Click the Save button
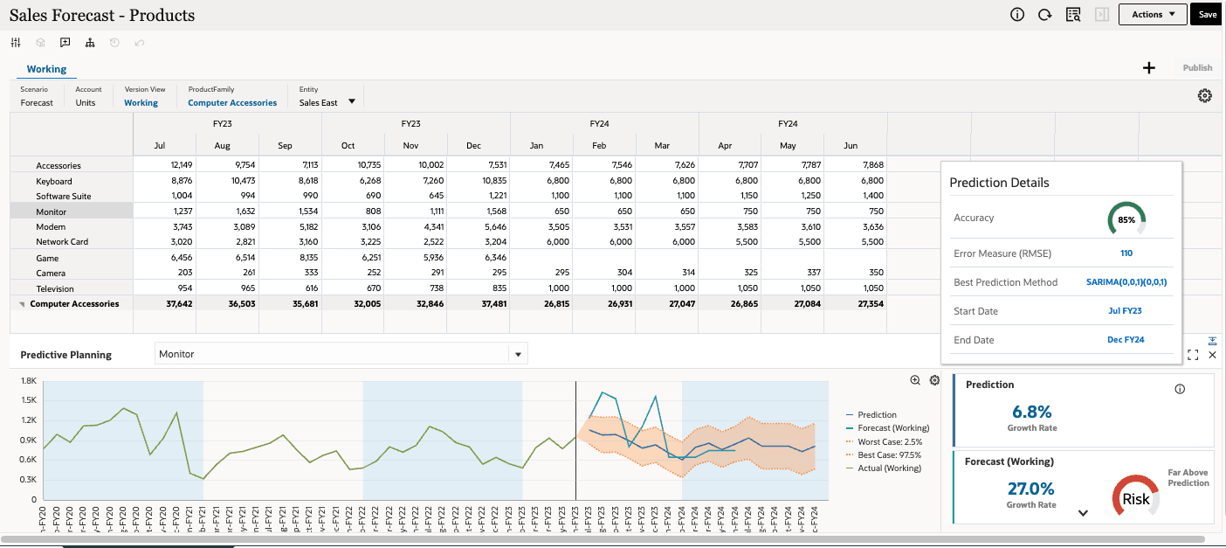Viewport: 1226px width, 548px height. (x=1207, y=15)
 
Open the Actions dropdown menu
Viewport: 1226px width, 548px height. (x=1153, y=15)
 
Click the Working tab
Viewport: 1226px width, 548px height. (x=46, y=69)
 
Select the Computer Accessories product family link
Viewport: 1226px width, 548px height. (x=232, y=103)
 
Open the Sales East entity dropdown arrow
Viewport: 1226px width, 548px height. (x=352, y=101)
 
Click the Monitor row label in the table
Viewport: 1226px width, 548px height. (x=51, y=212)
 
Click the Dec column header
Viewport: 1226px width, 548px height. (x=473, y=146)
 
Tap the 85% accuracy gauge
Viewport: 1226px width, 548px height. (x=1126, y=219)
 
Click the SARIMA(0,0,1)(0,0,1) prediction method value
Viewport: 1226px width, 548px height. (x=1126, y=282)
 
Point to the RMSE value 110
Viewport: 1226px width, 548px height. (x=1126, y=253)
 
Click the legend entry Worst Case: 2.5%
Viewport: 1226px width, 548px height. (x=889, y=441)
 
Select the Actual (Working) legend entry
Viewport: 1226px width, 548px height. (x=889, y=468)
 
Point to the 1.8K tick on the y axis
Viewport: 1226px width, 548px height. (x=28, y=382)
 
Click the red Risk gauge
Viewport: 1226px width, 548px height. (x=1136, y=499)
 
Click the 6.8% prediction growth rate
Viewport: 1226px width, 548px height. (x=1031, y=412)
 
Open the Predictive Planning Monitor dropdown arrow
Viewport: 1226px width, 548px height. (x=518, y=355)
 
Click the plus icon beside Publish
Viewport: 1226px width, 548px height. (x=1149, y=68)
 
